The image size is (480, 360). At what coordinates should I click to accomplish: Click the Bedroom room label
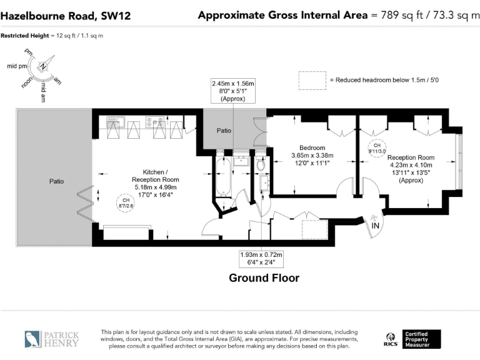(312, 148)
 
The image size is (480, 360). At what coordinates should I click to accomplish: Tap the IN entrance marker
(375, 226)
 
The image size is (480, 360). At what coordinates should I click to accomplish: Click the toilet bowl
(261, 165)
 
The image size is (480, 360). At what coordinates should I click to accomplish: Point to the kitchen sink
(116, 121)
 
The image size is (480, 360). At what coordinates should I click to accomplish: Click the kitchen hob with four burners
(155, 121)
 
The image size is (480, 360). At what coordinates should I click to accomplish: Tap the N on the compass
(43, 66)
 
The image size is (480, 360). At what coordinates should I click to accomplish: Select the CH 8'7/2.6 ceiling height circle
(126, 203)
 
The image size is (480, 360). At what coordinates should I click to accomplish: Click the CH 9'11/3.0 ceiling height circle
(377, 149)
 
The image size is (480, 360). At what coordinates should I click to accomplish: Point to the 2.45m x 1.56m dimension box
(233, 91)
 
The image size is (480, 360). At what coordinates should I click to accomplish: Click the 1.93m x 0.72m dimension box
(261, 259)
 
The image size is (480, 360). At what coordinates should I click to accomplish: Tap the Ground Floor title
(264, 278)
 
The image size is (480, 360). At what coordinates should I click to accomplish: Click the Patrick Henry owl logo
(32, 339)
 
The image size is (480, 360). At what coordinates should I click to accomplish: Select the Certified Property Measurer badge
(421, 339)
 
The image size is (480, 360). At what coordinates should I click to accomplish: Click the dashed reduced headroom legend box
(312, 81)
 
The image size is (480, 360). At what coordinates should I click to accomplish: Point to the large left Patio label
(57, 181)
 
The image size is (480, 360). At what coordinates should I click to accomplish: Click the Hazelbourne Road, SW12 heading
(66, 16)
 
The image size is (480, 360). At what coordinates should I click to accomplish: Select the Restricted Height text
(25, 36)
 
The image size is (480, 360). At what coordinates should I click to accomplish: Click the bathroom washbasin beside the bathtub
(241, 161)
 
